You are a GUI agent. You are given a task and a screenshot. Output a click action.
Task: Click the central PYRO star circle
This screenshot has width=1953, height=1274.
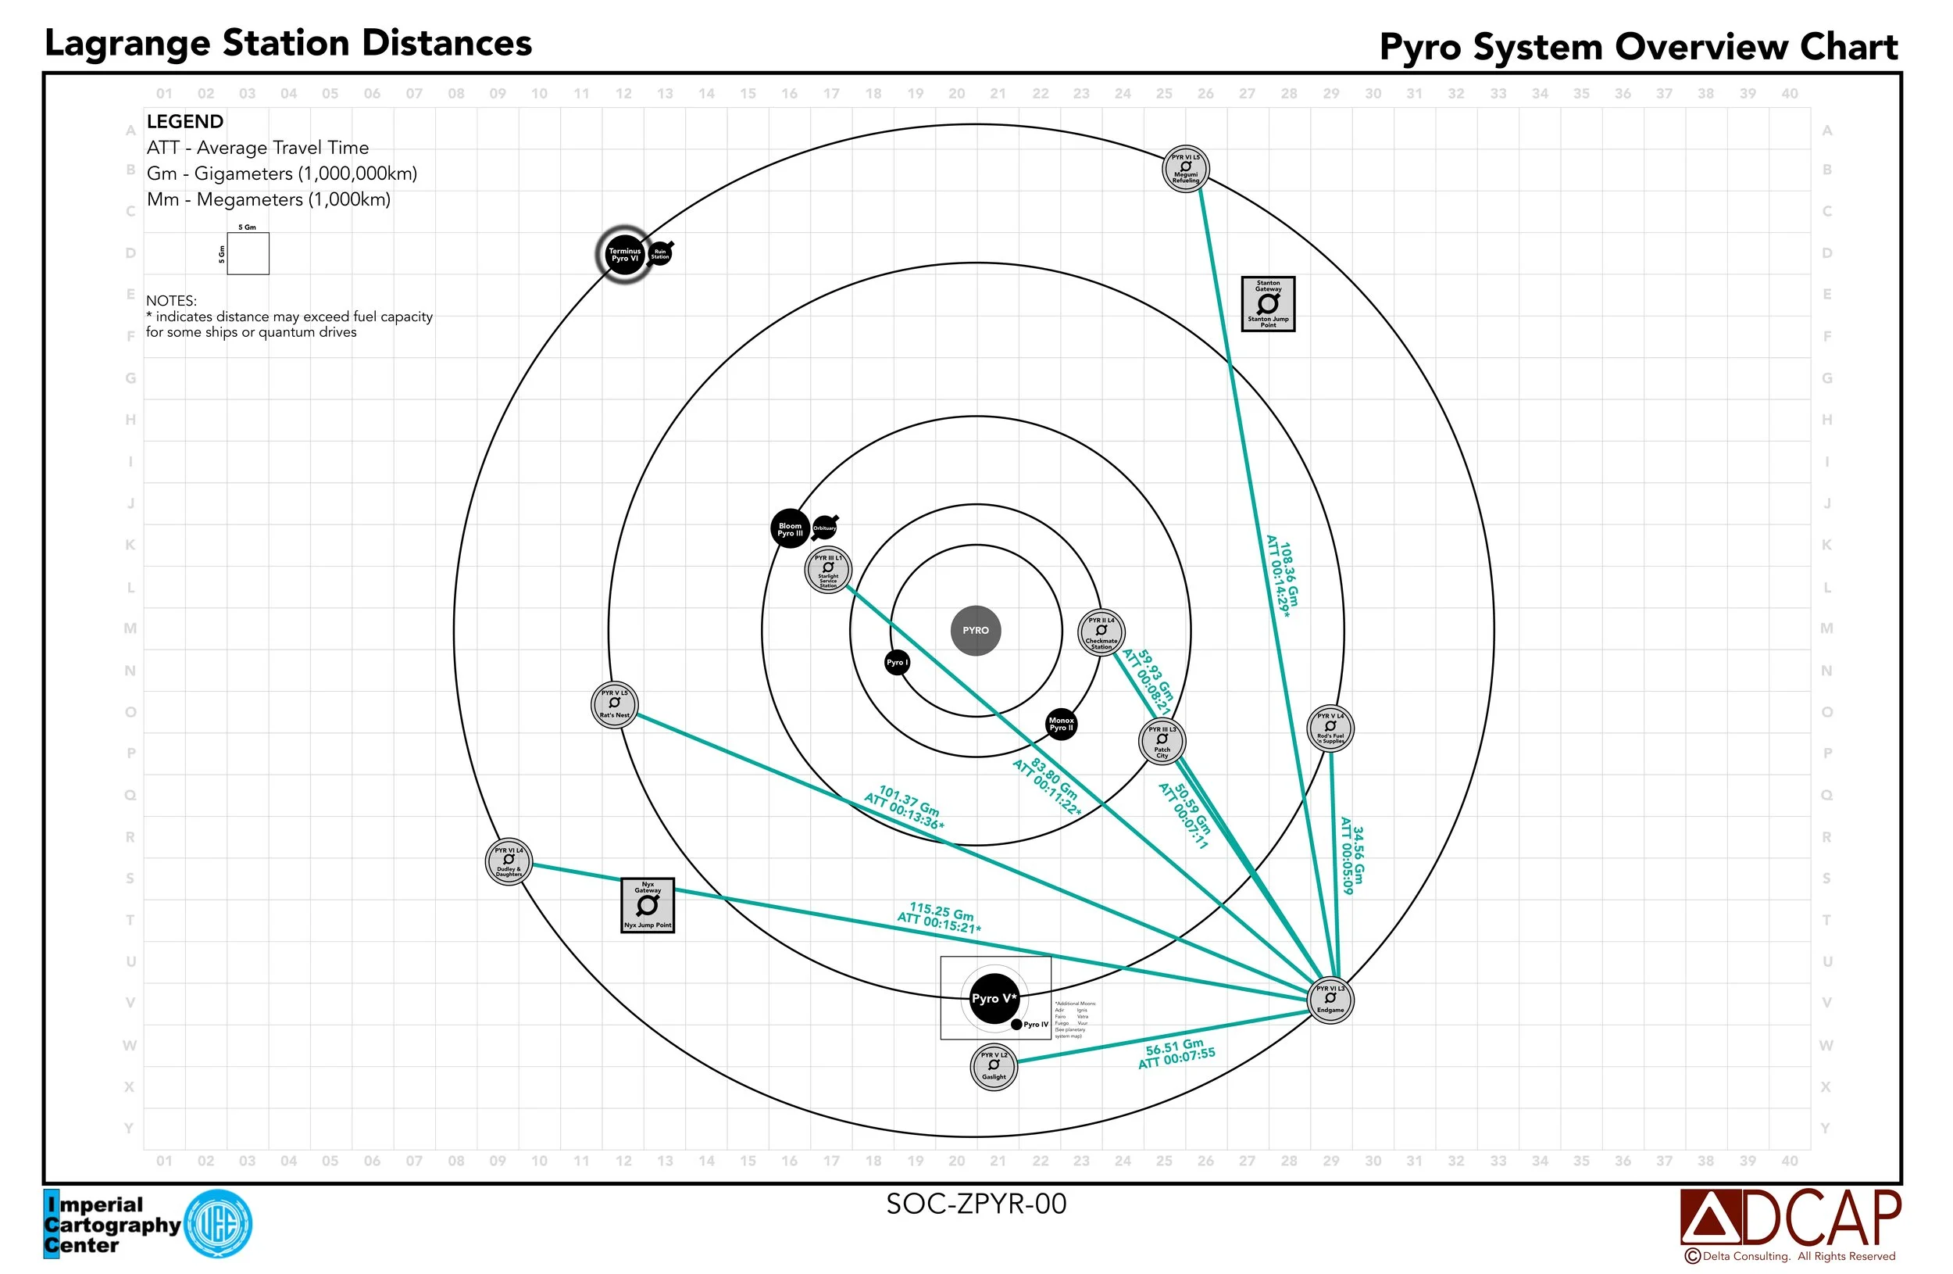[x=976, y=631]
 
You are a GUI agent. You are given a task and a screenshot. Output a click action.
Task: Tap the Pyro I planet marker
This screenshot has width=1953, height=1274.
[x=897, y=663]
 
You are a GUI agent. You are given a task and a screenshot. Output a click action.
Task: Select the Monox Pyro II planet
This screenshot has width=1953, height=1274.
[x=1061, y=724]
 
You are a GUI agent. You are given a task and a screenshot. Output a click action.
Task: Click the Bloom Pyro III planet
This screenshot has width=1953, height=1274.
[x=790, y=528]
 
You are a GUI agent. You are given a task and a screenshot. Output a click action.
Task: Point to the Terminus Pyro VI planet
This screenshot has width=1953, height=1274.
[x=623, y=255]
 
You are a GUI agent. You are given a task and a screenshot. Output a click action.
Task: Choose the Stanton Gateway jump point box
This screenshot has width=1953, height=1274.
[x=1268, y=304]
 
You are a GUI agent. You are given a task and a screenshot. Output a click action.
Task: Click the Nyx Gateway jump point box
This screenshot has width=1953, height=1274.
[x=648, y=904]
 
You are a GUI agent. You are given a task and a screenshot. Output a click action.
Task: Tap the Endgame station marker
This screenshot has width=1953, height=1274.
[x=1330, y=1000]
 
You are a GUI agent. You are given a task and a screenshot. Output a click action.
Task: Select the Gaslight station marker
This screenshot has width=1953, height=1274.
[x=994, y=1066]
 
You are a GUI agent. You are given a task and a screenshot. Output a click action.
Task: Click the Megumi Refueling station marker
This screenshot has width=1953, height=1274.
[x=1186, y=169]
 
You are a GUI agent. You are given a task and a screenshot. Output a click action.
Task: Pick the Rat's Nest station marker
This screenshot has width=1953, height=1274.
[x=615, y=704]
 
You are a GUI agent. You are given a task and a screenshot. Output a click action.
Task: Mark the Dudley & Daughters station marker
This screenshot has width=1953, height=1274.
[x=509, y=862]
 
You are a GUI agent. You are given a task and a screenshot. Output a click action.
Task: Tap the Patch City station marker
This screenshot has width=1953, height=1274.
[x=1162, y=741]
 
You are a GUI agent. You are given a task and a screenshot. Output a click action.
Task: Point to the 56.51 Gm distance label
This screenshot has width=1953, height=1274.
[x=1176, y=1054]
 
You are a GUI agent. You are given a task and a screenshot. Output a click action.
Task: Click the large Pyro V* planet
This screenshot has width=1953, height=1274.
[x=994, y=999]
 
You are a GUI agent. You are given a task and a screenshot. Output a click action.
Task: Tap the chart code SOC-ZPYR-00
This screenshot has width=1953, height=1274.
[x=976, y=1204]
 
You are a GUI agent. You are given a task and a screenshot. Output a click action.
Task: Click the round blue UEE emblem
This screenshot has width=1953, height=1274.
[x=218, y=1224]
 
